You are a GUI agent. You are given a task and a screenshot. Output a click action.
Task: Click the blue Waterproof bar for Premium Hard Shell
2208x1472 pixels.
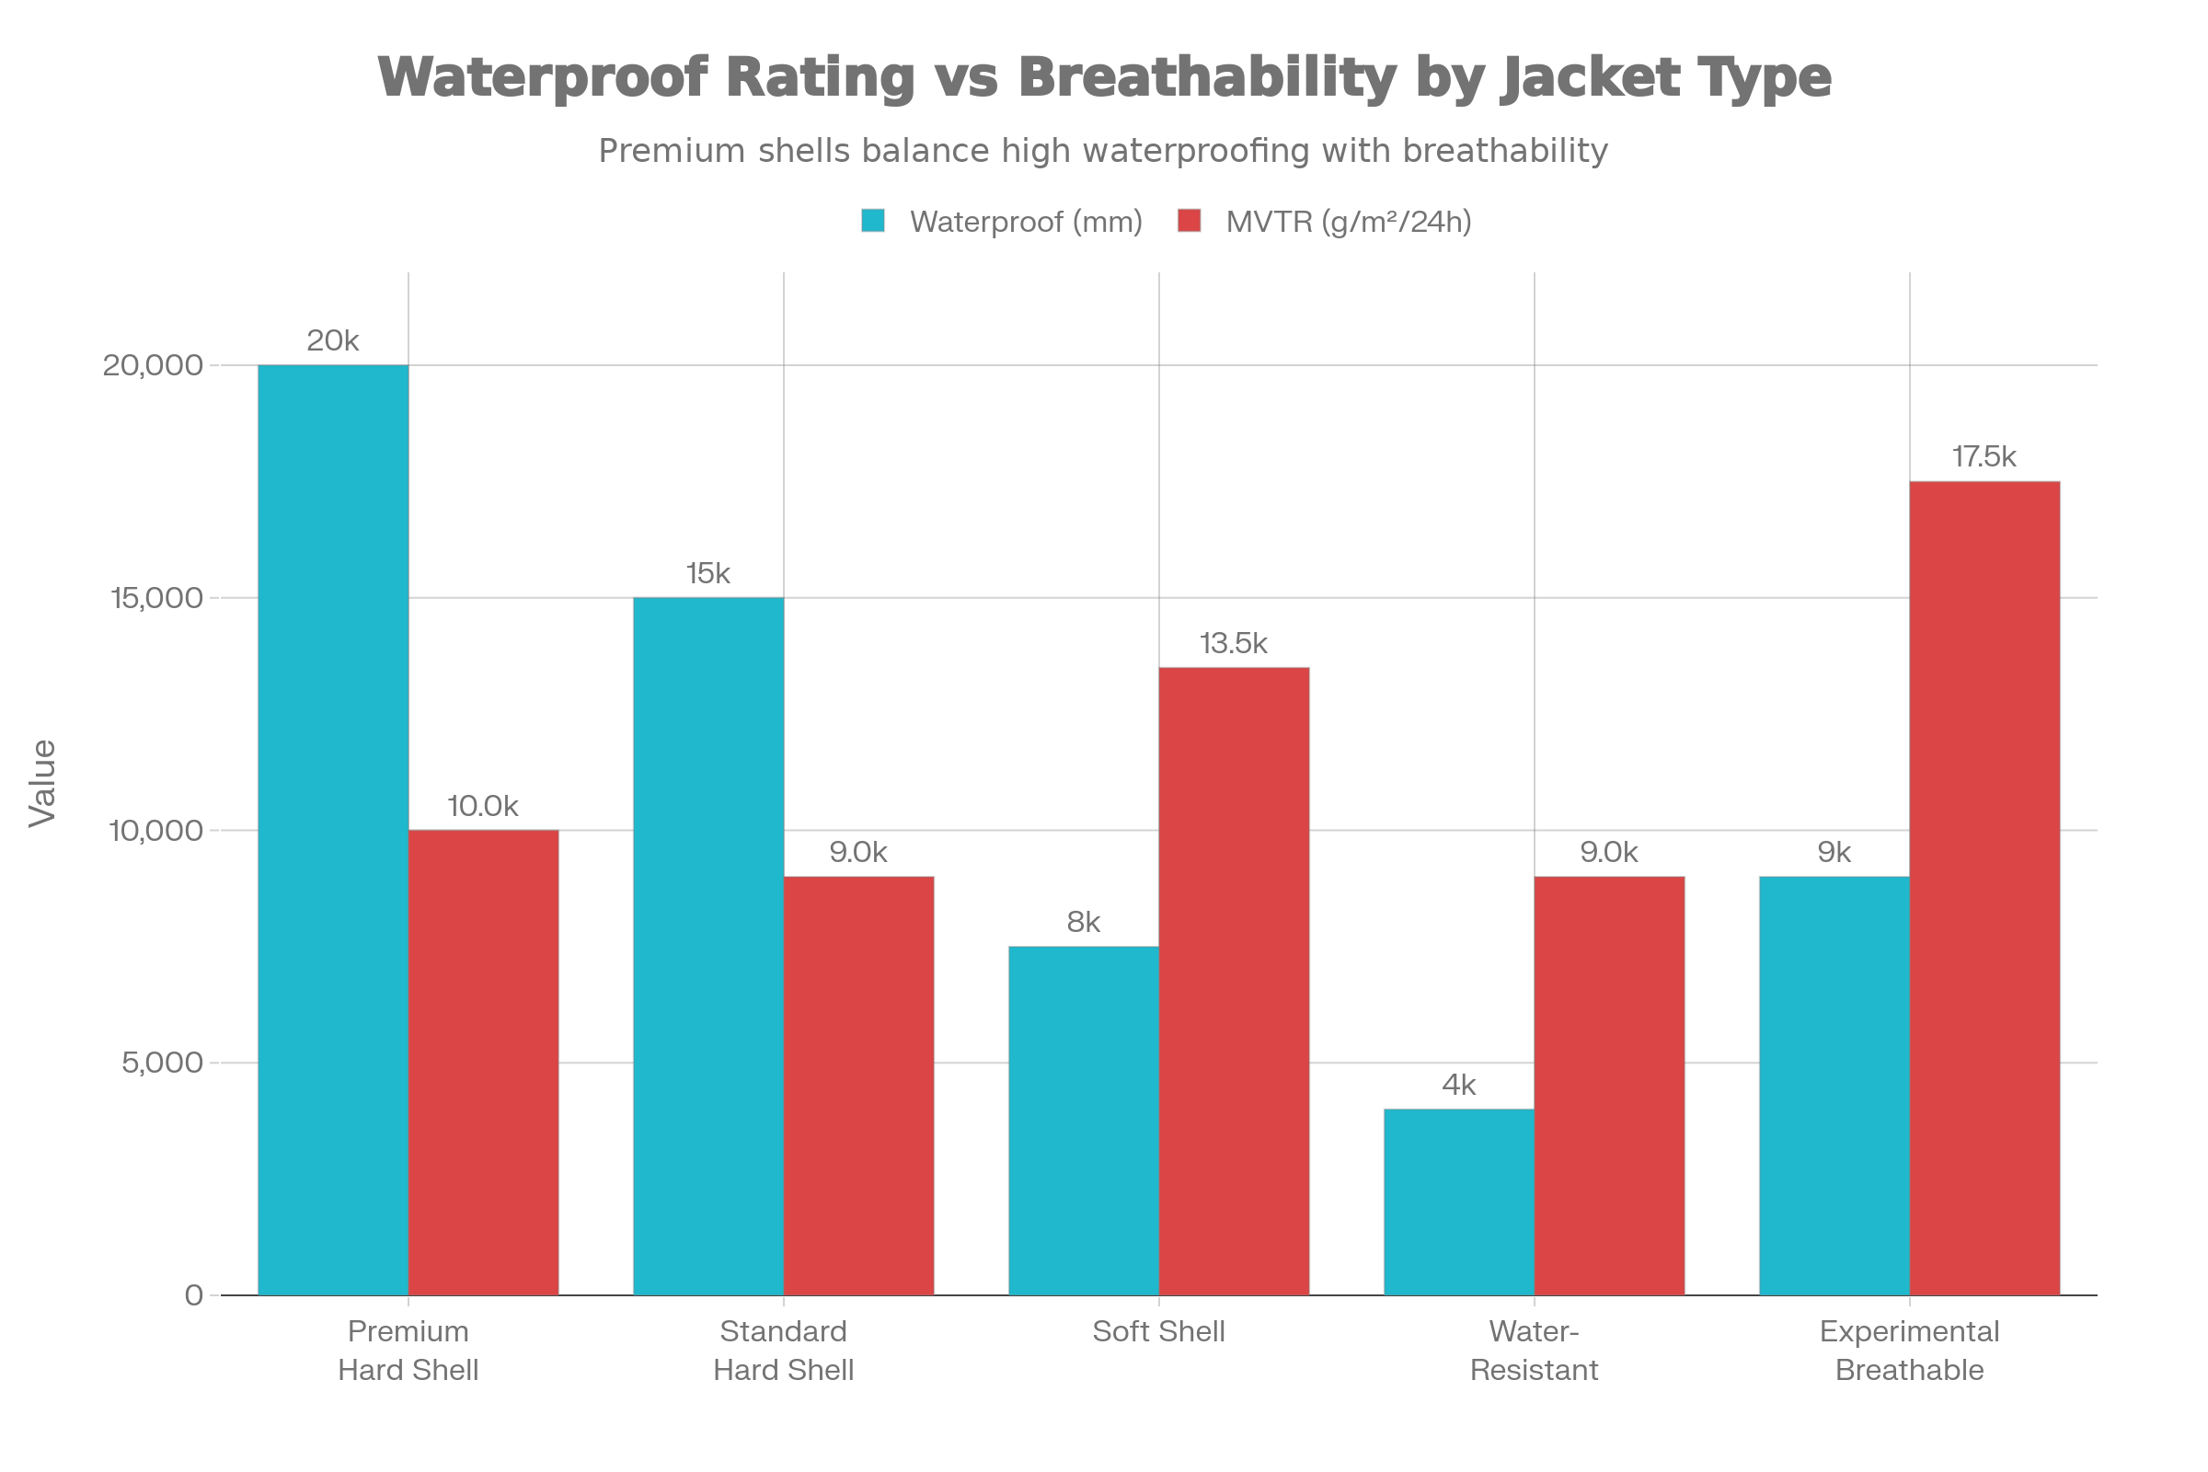pos(332,830)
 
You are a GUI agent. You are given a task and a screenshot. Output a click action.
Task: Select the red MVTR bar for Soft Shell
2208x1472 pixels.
pos(1234,981)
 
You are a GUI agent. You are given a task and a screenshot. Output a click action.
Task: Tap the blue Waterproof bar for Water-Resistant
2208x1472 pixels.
pos(1458,1202)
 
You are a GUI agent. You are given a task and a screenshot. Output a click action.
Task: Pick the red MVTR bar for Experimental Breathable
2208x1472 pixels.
pos(1984,888)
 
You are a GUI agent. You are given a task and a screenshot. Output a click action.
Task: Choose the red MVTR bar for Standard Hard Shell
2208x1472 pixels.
pos(859,1086)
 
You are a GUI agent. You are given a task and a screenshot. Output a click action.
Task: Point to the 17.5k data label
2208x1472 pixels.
pos(1984,457)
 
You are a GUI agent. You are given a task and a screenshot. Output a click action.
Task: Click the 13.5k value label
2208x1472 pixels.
pos(1234,644)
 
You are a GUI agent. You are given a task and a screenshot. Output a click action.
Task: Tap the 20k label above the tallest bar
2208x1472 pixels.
pos(332,340)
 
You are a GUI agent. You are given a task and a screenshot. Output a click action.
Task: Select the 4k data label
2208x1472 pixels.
pos(1458,1086)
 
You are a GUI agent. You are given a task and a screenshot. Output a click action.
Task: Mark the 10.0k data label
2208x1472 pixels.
pos(482,807)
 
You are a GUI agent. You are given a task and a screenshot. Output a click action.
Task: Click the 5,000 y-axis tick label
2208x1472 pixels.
pos(163,1063)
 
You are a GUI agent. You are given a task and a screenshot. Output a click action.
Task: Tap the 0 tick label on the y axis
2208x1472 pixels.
pos(193,1295)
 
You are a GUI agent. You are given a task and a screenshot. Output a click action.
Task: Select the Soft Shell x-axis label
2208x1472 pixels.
pos(1158,1331)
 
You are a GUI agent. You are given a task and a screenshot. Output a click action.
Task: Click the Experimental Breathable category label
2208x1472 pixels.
pos(1910,1350)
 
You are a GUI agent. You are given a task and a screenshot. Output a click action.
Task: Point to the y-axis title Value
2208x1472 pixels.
pos(42,783)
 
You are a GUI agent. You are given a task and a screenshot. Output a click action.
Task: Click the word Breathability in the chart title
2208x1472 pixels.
pos(1207,77)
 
